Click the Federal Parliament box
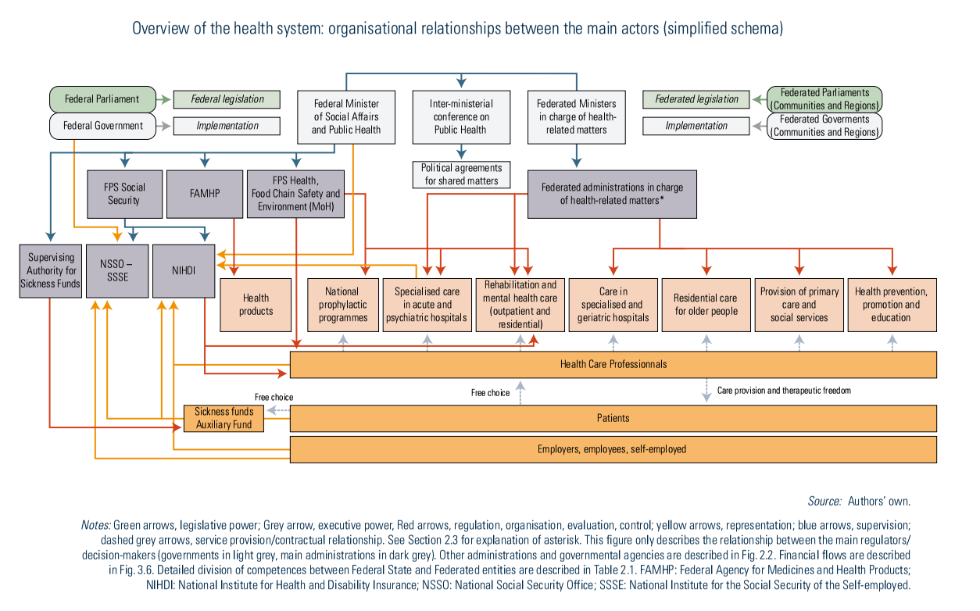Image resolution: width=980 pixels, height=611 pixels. (102, 99)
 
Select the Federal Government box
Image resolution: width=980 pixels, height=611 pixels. (102, 126)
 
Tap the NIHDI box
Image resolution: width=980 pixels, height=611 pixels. (184, 270)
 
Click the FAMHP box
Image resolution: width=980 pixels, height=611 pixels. (205, 194)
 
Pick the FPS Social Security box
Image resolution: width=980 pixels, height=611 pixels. (124, 194)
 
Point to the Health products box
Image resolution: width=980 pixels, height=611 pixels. (256, 304)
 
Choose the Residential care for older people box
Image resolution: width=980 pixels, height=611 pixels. (706, 305)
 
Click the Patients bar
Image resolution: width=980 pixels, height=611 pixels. (613, 418)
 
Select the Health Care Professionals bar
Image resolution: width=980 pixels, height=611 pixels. (613, 364)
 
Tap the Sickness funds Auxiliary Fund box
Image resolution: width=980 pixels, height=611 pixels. (224, 418)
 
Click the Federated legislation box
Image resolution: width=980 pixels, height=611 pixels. (696, 99)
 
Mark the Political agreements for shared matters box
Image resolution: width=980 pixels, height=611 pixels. (461, 174)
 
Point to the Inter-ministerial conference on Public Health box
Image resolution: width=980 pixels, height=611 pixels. (461, 117)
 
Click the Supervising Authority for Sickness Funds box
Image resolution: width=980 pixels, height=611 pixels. (51, 270)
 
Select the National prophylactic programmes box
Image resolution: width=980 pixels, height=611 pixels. (342, 305)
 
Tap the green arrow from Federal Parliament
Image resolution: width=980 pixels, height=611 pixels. (163, 99)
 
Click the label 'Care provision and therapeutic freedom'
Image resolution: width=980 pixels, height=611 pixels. (784, 390)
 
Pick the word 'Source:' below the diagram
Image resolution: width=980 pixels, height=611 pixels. (824, 502)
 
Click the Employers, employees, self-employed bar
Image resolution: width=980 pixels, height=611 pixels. (613, 449)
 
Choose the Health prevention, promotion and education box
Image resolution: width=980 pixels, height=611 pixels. (891, 305)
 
